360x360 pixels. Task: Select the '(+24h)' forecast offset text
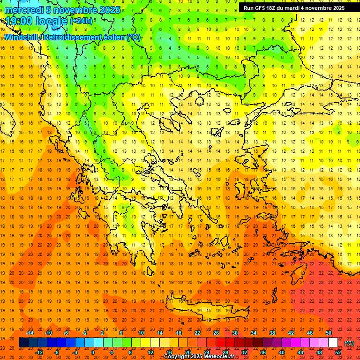(x=81, y=21)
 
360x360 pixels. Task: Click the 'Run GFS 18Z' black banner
(x=294, y=8)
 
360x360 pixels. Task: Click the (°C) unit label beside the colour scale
(x=349, y=343)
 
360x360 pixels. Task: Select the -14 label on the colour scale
(x=30, y=333)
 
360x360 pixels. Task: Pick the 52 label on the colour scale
(x=338, y=352)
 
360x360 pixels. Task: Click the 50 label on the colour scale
(x=329, y=333)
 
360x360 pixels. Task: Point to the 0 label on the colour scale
(x=93, y=352)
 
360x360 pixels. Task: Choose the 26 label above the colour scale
(x=216, y=333)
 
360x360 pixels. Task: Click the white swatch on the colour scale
(x=333, y=343)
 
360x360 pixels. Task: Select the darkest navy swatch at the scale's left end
(x=23, y=343)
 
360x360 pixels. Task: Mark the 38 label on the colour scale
(x=272, y=333)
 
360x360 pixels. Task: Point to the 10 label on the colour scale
(x=141, y=333)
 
